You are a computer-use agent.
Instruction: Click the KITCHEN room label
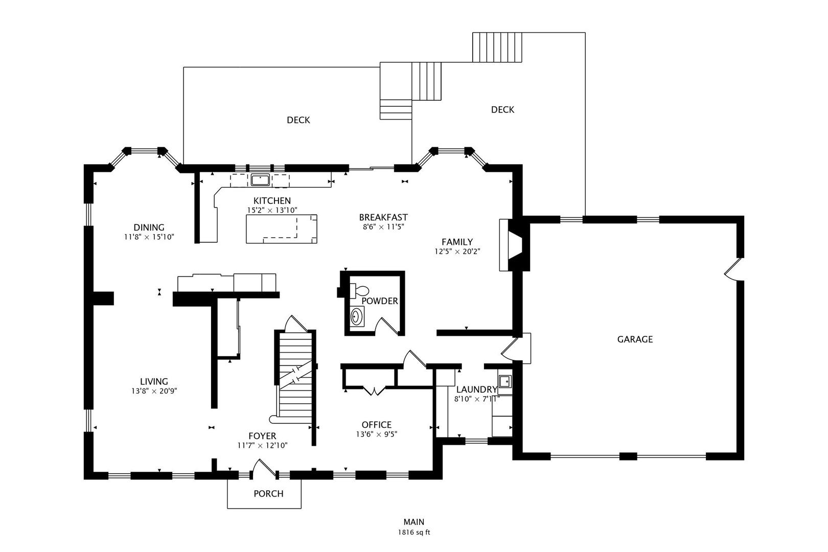click(272, 201)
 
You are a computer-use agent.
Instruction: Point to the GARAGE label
click(635, 339)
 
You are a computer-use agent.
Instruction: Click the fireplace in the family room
click(515, 245)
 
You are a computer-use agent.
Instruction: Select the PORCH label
click(268, 494)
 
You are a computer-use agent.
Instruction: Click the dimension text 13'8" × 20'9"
click(154, 391)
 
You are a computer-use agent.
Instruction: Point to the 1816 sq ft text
click(414, 533)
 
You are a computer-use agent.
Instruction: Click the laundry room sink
click(504, 380)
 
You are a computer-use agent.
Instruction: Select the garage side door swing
click(734, 269)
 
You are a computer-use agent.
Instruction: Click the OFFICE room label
click(376, 425)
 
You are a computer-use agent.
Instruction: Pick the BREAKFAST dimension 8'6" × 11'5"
click(383, 226)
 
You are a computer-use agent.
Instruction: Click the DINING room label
click(149, 227)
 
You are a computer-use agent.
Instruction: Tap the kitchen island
click(282, 229)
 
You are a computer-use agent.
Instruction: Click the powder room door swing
click(387, 326)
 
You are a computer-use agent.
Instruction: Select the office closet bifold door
click(375, 391)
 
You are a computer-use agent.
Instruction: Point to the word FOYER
click(262, 436)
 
